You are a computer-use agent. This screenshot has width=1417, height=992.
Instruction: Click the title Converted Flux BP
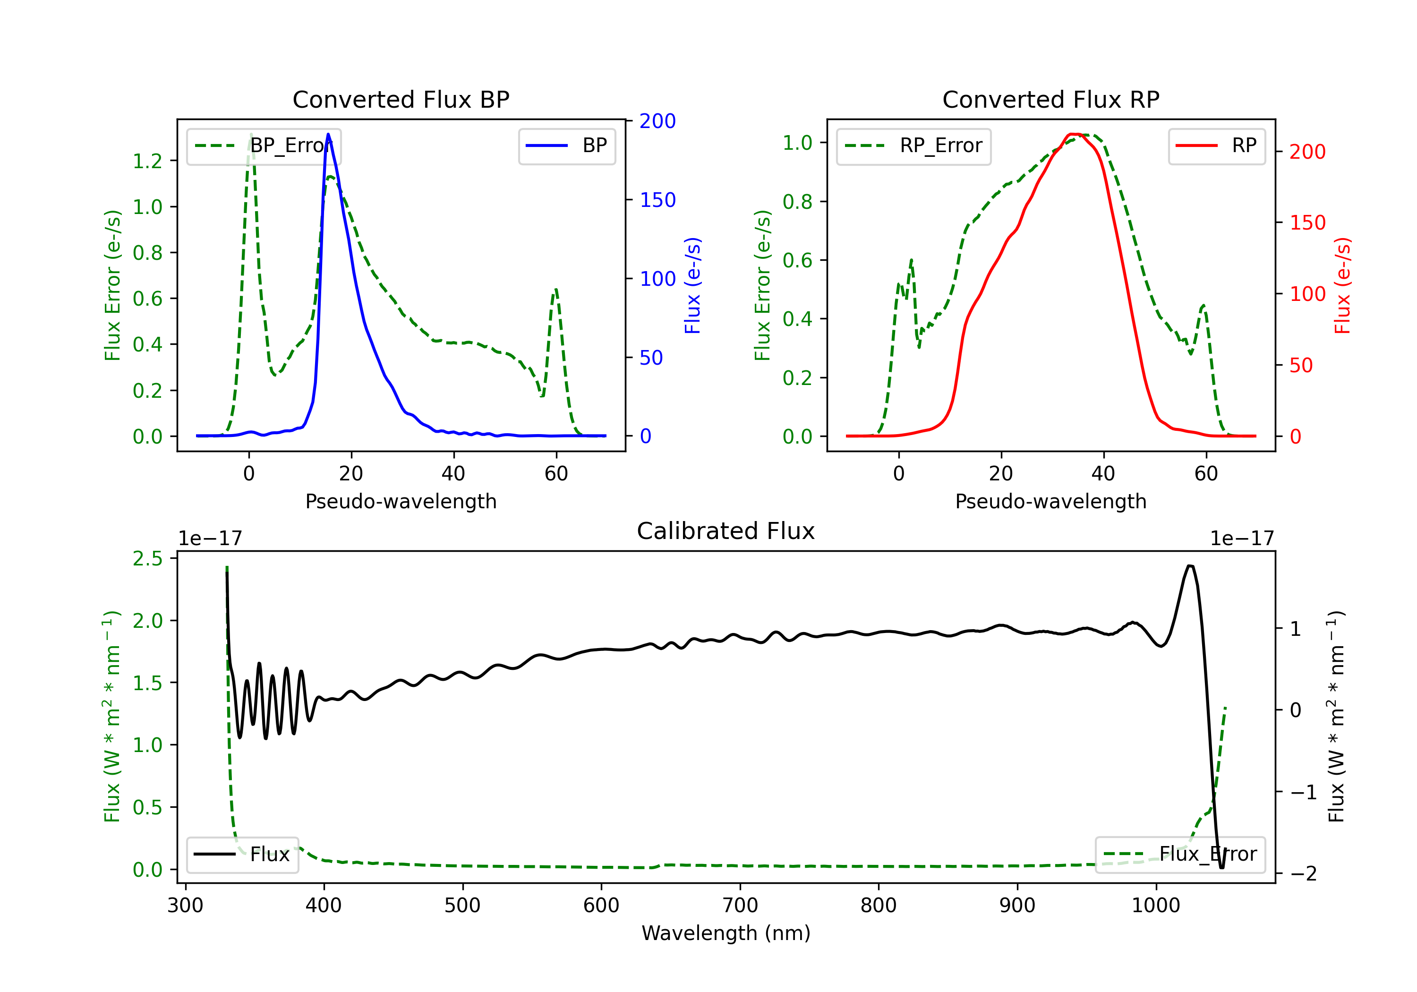(x=401, y=99)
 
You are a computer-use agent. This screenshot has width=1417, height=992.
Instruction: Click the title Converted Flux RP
(x=1050, y=99)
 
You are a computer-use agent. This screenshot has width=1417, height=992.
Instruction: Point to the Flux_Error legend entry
(x=1179, y=855)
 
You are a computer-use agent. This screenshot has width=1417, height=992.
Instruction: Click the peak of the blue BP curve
(x=328, y=134)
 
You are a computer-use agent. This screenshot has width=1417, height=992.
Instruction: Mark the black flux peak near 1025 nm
(x=1190, y=565)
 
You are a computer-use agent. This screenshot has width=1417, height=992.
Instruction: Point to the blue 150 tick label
(x=657, y=200)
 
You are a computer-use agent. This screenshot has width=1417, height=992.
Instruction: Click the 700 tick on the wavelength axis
(x=740, y=906)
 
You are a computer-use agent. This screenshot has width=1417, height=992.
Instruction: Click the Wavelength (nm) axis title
(x=726, y=933)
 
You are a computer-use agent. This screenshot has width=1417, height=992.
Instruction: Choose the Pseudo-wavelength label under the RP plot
(x=1050, y=501)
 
